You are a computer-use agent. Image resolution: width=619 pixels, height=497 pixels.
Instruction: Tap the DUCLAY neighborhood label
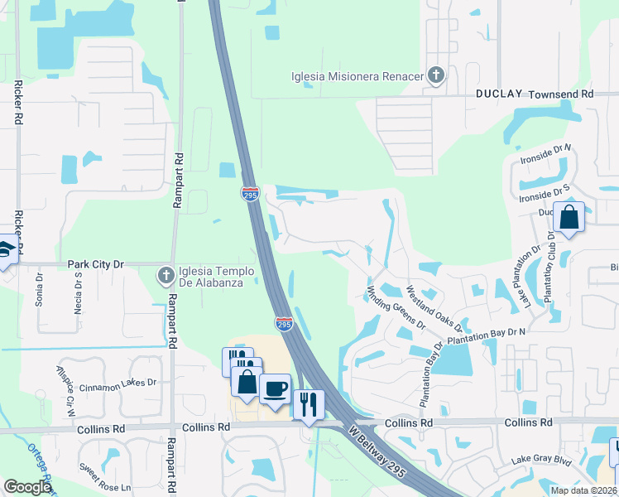[499, 94]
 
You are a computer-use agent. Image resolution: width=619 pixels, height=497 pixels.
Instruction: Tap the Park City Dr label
[95, 264]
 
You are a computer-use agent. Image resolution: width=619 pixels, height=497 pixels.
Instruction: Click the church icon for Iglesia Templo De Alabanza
[166, 273]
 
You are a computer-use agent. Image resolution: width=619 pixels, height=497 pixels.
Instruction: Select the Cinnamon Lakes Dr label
[118, 383]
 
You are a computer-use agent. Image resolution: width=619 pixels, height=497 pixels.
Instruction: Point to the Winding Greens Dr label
[395, 307]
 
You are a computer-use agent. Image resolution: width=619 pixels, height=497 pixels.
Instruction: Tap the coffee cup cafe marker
[275, 387]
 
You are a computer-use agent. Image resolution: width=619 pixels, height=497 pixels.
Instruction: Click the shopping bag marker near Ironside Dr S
[569, 218]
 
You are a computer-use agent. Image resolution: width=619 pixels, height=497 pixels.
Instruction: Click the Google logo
[26, 487]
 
